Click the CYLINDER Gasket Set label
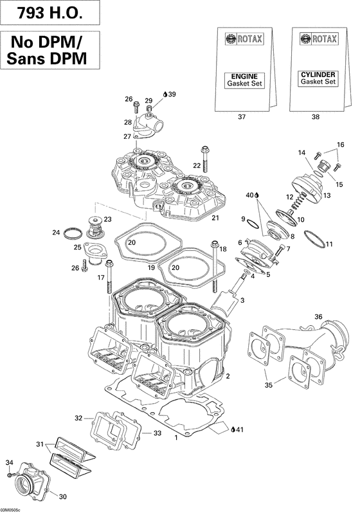pos(318,80)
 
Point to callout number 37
pos(242,117)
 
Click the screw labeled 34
pos(12,474)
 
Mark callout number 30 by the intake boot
pos(62,496)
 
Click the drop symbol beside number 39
pos(165,94)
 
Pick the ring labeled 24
pos(75,231)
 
